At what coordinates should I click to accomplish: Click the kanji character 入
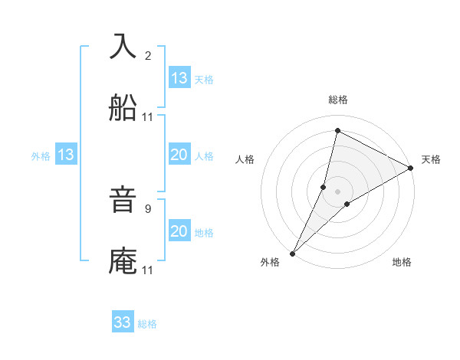click(x=123, y=47)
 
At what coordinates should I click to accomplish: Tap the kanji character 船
click(x=123, y=109)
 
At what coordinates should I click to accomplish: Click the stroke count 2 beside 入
click(x=148, y=56)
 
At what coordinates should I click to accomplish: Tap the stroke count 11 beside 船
click(x=148, y=117)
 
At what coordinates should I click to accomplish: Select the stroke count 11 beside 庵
click(x=148, y=270)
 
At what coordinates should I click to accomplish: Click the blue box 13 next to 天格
click(x=179, y=78)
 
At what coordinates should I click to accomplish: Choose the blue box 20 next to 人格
click(x=179, y=155)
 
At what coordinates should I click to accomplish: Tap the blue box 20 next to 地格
click(x=179, y=231)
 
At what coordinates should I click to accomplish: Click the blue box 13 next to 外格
click(x=66, y=155)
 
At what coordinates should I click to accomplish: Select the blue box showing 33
click(x=123, y=322)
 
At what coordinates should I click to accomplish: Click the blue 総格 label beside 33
click(x=148, y=324)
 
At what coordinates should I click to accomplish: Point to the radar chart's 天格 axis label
click(x=431, y=159)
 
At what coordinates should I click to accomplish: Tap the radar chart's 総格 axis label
click(x=338, y=100)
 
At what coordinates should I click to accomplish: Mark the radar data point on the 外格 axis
click(x=292, y=253)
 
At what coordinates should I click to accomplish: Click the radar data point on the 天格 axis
click(x=411, y=168)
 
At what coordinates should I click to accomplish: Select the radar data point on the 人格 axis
click(x=324, y=187)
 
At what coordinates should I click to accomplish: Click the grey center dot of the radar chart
click(x=338, y=191)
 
